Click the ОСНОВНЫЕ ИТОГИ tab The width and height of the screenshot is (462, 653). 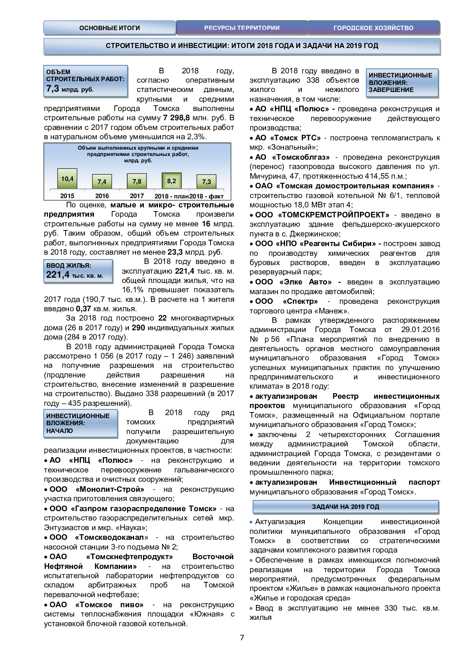(x=110, y=28)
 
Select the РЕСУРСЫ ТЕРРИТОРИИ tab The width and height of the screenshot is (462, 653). (x=242, y=28)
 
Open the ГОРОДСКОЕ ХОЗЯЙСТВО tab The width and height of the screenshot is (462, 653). (x=373, y=28)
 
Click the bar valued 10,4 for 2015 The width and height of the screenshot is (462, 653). (x=67, y=179)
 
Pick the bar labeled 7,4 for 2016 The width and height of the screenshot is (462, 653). (x=102, y=182)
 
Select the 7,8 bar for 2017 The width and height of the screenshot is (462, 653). (x=137, y=181)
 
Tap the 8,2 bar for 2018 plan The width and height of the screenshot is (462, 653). (x=171, y=181)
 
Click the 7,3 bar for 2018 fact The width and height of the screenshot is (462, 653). (x=206, y=182)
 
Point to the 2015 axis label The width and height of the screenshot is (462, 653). (x=67, y=196)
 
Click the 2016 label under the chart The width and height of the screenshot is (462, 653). (x=102, y=196)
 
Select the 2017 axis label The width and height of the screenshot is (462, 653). (x=137, y=196)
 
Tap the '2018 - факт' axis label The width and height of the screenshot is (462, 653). (x=207, y=196)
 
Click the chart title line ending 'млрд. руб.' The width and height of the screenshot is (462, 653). (x=138, y=161)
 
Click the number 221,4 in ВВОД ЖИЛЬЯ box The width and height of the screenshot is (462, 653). (x=58, y=275)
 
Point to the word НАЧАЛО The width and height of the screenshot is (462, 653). (x=60, y=431)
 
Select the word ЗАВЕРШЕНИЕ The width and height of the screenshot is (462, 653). (x=391, y=90)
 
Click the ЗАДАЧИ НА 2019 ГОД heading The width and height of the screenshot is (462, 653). (x=345, y=507)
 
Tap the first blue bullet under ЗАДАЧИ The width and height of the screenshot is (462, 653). (x=251, y=522)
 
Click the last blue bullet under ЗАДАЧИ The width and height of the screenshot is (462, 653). (x=251, y=608)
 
